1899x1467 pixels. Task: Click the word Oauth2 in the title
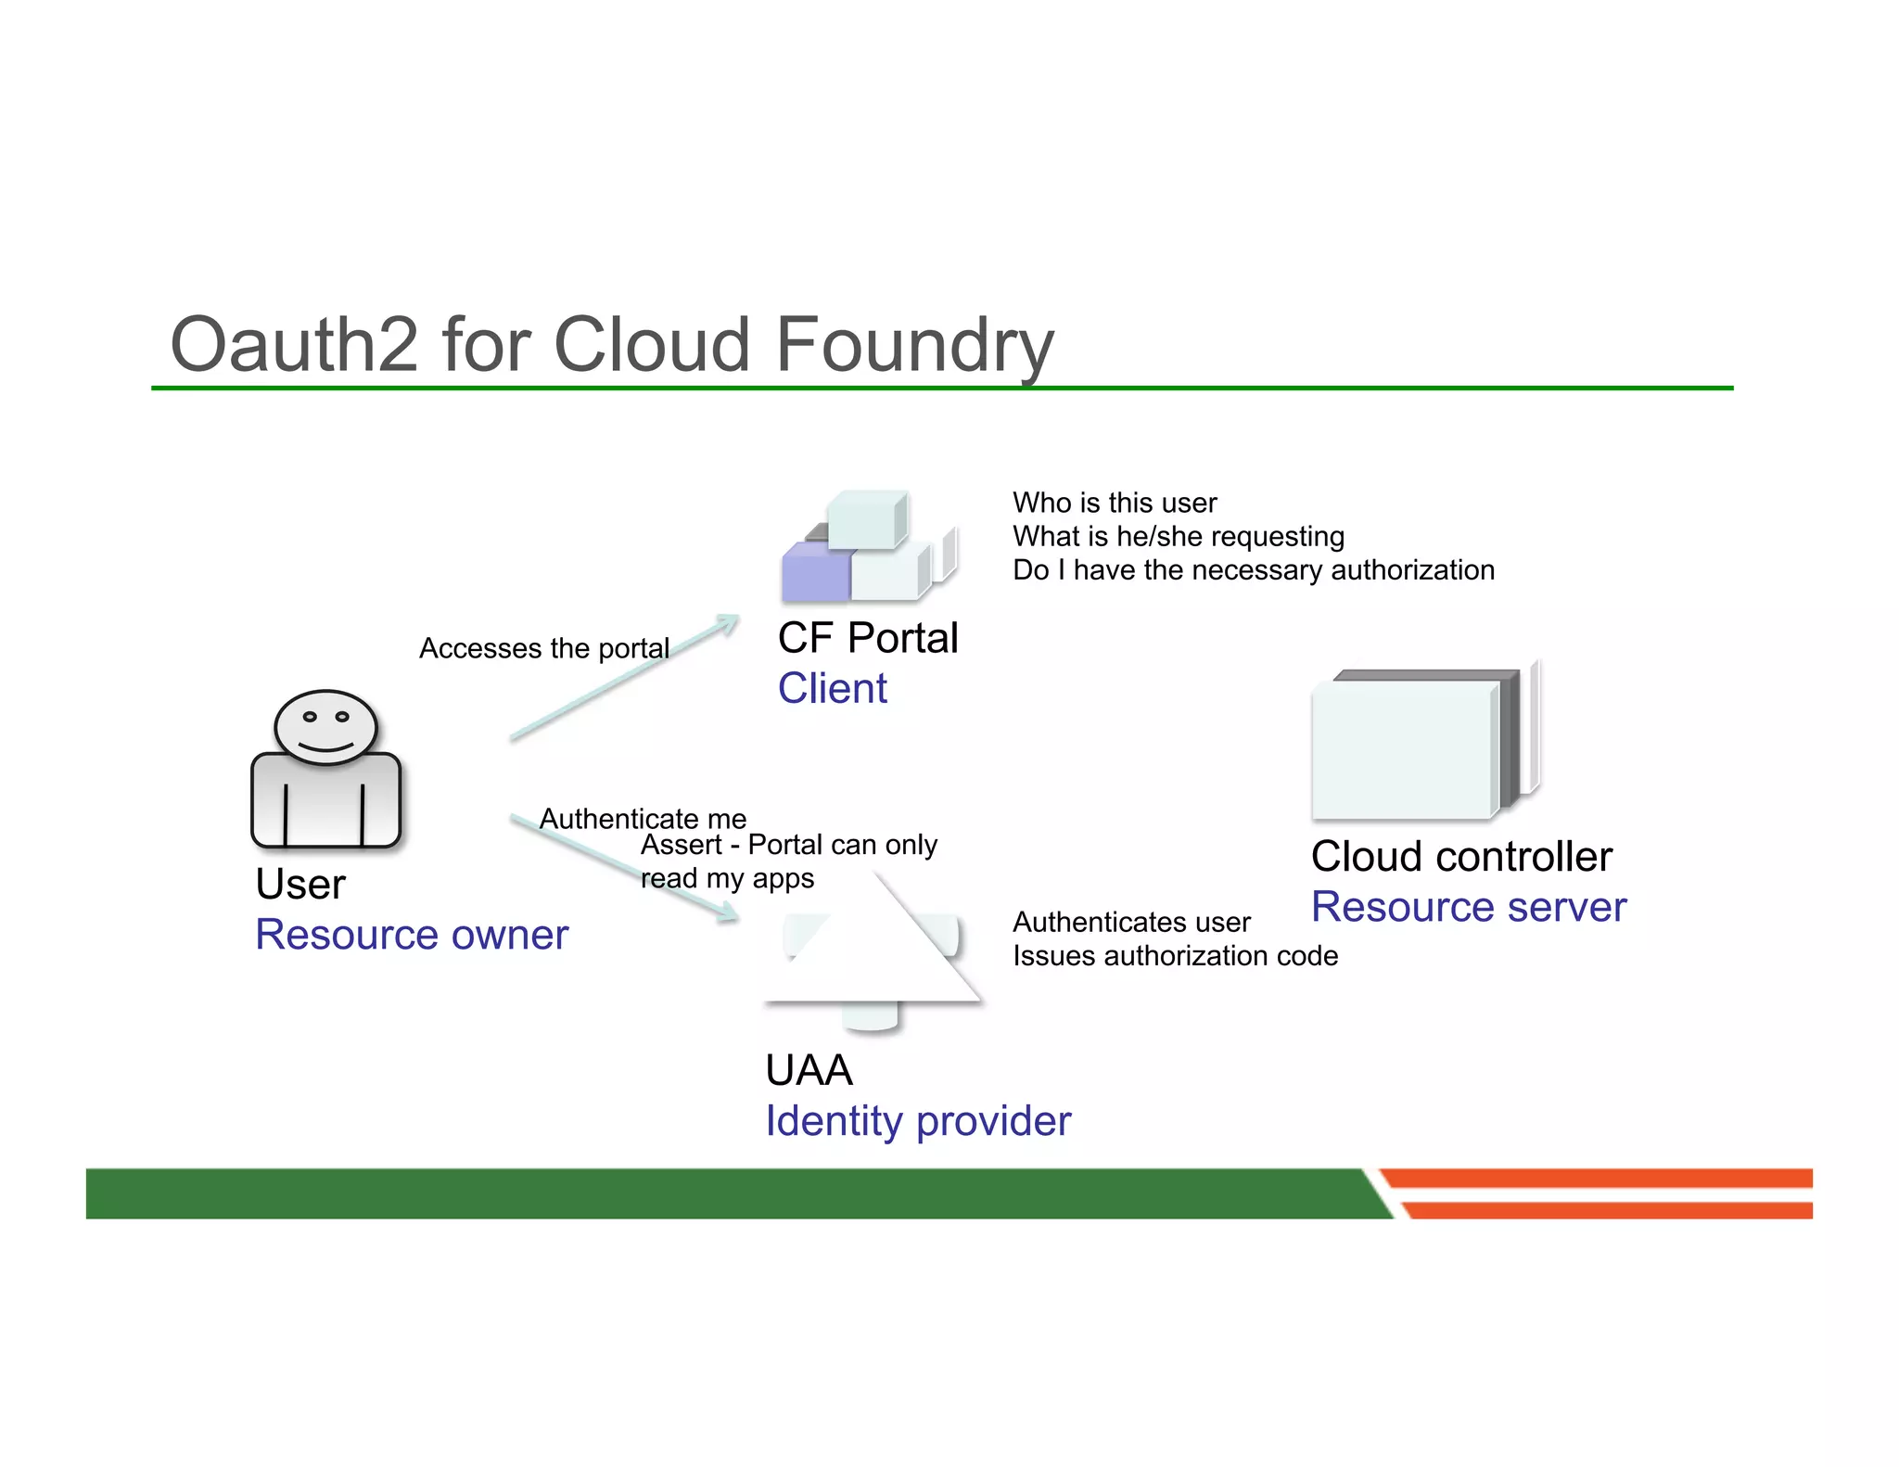(294, 345)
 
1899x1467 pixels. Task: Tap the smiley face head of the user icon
(325, 727)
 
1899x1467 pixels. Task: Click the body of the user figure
(325, 802)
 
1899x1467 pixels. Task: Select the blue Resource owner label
(411, 934)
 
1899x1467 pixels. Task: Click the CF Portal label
(867, 638)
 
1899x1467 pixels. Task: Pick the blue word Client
(832, 688)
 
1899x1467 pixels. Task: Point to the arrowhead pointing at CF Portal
(729, 622)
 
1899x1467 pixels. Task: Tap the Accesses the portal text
(543, 648)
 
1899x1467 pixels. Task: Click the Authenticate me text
(643, 819)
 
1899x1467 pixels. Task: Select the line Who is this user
(1114, 503)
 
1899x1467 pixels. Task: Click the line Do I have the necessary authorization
(1253, 569)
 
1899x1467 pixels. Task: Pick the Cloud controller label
(1460, 856)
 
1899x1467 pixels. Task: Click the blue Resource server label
(1468, 907)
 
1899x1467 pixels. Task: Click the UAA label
(808, 1070)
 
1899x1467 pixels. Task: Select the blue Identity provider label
(917, 1121)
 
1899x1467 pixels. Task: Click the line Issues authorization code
(1174, 956)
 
